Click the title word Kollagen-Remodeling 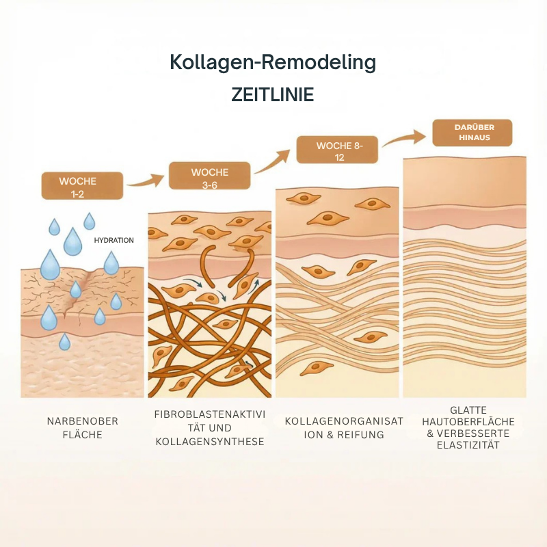[273, 63]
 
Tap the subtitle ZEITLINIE [273, 94]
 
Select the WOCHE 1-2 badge [82, 185]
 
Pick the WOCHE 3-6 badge [210, 176]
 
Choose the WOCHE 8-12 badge [337, 150]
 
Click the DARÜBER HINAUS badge [472, 133]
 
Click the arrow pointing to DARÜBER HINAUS [404, 137]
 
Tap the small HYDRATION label [114, 241]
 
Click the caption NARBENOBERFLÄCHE [83, 428]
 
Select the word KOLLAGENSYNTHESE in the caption [210, 442]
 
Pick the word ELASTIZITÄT [468, 445]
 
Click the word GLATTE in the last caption [468, 410]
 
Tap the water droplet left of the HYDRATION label [72, 242]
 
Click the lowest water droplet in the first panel [64, 342]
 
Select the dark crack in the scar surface [78, 293]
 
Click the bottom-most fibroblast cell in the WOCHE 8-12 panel [317, 368]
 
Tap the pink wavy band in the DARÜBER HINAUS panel [465, 219]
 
